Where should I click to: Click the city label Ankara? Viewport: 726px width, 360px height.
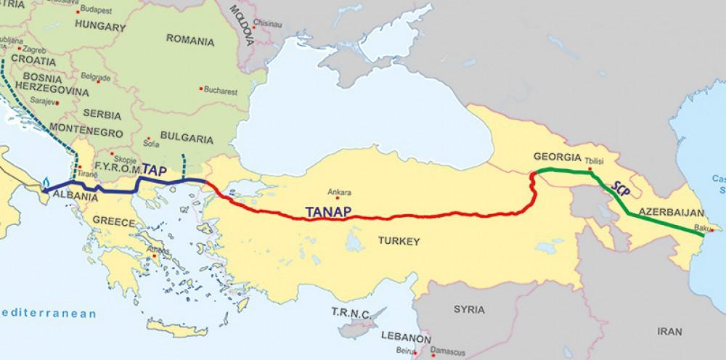340,193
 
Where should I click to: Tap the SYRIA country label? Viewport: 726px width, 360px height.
469,308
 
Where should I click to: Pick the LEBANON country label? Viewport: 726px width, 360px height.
403,339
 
